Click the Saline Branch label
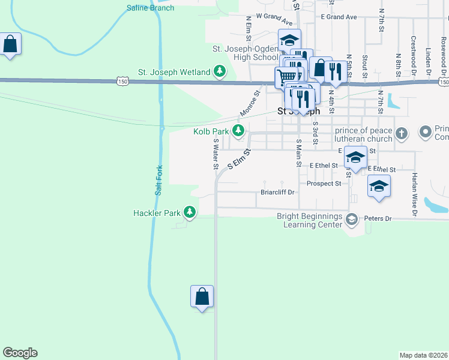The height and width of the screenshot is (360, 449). tap(150, 8)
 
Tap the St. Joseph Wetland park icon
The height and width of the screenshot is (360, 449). tap(220, 72)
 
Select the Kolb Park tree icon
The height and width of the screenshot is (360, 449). tap(239, 131)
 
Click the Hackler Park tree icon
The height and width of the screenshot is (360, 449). tap(190, 212)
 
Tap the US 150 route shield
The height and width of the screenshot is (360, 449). tap(122, 80)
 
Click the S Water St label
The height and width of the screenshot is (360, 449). tap(215, 155)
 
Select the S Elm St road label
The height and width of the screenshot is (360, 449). tap(238, 158)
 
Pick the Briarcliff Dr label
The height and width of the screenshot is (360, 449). tap(277, 193)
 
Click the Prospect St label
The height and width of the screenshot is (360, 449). tap(324, 184)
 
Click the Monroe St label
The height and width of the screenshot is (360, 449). tap(249, 103)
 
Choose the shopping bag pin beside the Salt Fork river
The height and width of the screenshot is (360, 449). tap(202, 296)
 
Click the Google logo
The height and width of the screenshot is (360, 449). tap(20, 353)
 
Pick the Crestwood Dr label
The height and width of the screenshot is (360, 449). tap(414, 50)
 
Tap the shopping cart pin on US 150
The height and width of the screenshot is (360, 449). tap(286, 77)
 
